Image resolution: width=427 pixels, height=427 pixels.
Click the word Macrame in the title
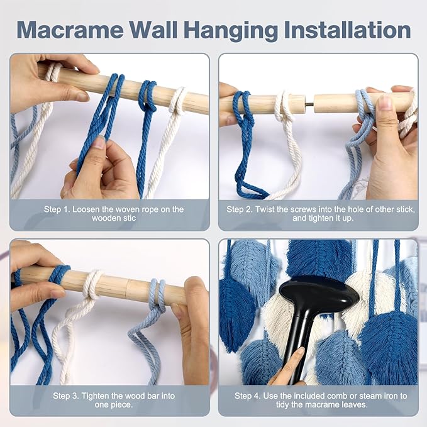[x=70, y=30]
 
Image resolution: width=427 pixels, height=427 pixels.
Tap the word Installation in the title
[x=347, y=30]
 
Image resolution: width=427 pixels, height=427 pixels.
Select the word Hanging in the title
[x=231, y=30]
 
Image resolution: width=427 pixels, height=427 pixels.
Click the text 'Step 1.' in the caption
[x=57, y=209]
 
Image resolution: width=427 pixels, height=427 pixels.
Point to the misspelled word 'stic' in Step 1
[x=129, y=218]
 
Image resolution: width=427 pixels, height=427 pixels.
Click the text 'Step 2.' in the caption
[x=240, y=209]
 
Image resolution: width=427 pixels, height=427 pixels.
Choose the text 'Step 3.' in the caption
[x=65, y=396]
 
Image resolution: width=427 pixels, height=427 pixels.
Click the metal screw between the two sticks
[x=310, y=103]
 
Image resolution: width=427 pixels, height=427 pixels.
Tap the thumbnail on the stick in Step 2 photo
[x=384, y=102]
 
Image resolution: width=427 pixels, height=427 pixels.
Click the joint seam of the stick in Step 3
[x=127, y=289]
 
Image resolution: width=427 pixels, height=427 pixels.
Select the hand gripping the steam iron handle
[x=286, y=366]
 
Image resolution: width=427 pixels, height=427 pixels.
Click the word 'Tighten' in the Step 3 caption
[x=96, y=396]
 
